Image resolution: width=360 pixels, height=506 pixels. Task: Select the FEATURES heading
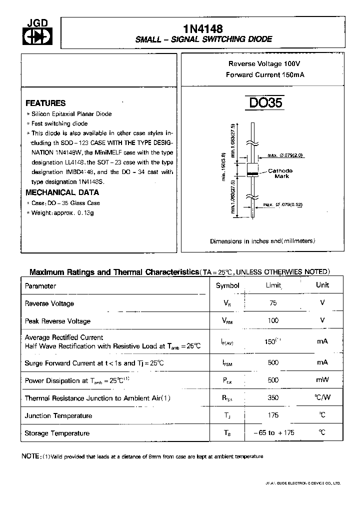point(45,103)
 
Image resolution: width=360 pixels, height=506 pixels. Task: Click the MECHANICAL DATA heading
point(62,192)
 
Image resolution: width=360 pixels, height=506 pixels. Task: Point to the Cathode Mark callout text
point(280,173)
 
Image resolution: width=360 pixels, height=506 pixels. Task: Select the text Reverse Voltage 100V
point(264,64)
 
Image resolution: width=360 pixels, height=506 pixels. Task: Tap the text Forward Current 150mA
point(265,74)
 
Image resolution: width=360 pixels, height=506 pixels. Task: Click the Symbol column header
point(227,285)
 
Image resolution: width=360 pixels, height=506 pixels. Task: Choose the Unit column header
point(322,285)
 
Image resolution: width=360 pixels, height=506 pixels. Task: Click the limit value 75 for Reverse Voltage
point(272,303)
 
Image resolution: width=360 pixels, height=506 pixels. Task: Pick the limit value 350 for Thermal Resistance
point(273,398)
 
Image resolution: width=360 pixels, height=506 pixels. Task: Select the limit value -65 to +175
point(272,432)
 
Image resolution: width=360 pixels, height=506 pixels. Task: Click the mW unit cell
point(322,380)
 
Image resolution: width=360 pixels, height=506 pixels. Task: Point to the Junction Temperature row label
point(58,415)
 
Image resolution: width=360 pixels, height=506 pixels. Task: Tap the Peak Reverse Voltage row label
point(57,321)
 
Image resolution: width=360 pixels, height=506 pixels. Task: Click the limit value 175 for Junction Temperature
point(273,415)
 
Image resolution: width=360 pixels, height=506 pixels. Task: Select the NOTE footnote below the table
point(142,456)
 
